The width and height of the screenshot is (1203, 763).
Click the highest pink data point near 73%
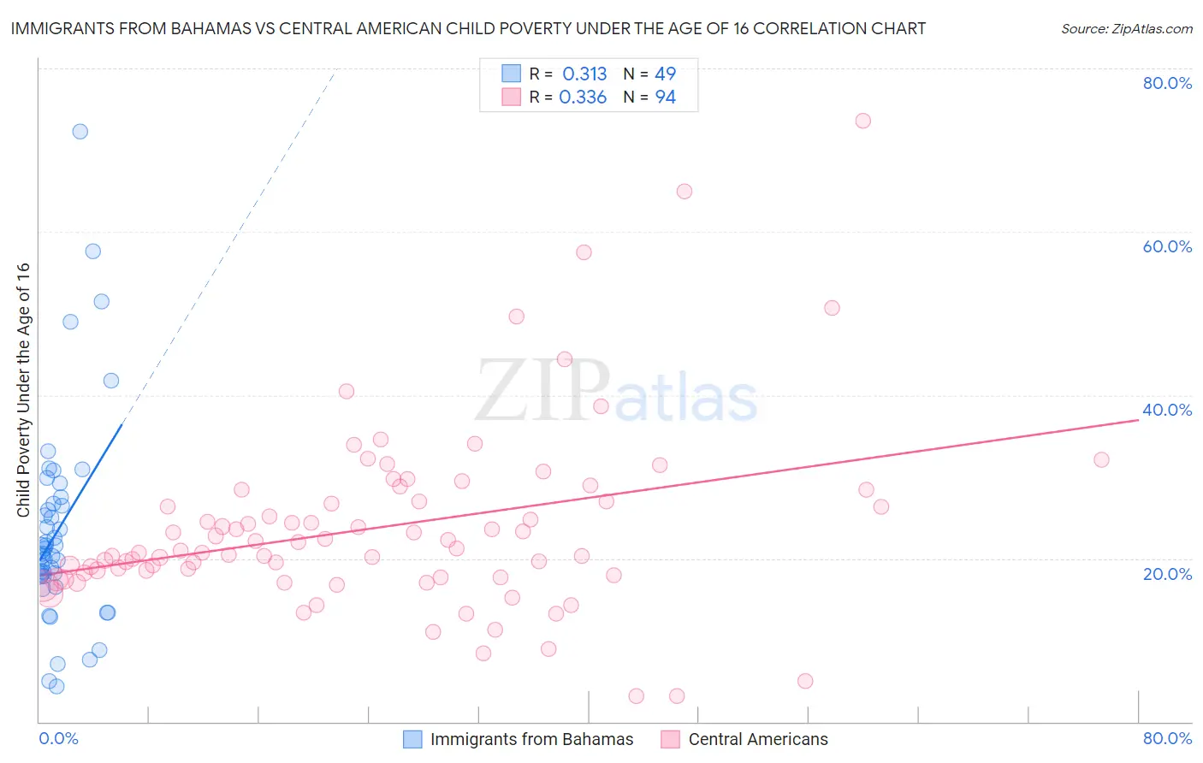pyautogui.click(x=862, y=121)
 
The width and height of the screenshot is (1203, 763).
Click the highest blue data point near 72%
pyautogui.click(x=80, y=131)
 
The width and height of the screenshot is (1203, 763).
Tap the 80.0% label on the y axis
pyautogui.click(x=1167, y=83)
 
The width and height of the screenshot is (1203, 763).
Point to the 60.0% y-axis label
pyautogui.click(x=1167, y=246)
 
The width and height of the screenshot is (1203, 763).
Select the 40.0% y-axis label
pyautogui.click(x=1167, y=410)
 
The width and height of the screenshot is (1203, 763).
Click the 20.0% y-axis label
pyautogui.click(x=1167, y=574)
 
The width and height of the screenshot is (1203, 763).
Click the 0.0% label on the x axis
pyautogui.click(x=58, y=738)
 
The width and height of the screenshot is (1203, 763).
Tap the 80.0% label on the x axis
pyautogui.click(x=1167, y=738)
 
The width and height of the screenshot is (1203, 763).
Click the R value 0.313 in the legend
pyautogui.click(x=584, y=74)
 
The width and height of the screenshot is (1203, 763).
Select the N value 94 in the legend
pyautogui.click(x=665, y=98)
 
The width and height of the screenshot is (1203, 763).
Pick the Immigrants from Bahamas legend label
pyautogui.click(x=531, y=740)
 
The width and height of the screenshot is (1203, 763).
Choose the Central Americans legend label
pyautogui.click(x=758, y=740)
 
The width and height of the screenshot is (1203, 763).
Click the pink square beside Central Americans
pyautogui.click(x=670, y=740)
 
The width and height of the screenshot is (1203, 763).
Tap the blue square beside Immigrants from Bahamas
pyautogui.click(x=412, y=740)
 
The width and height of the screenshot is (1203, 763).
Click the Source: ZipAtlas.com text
pyautogui.click(x=1126, y=29)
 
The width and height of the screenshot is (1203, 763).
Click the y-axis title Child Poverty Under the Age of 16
pyautogui.click(x=24, y=390)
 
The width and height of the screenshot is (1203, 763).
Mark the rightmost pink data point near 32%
pyautogui.click(x=1101, y=459)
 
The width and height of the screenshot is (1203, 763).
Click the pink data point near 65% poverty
pyautogui.click(x=684, y=192)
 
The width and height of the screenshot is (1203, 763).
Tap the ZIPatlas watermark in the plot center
pyautogui.click(x=616, y=392)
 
